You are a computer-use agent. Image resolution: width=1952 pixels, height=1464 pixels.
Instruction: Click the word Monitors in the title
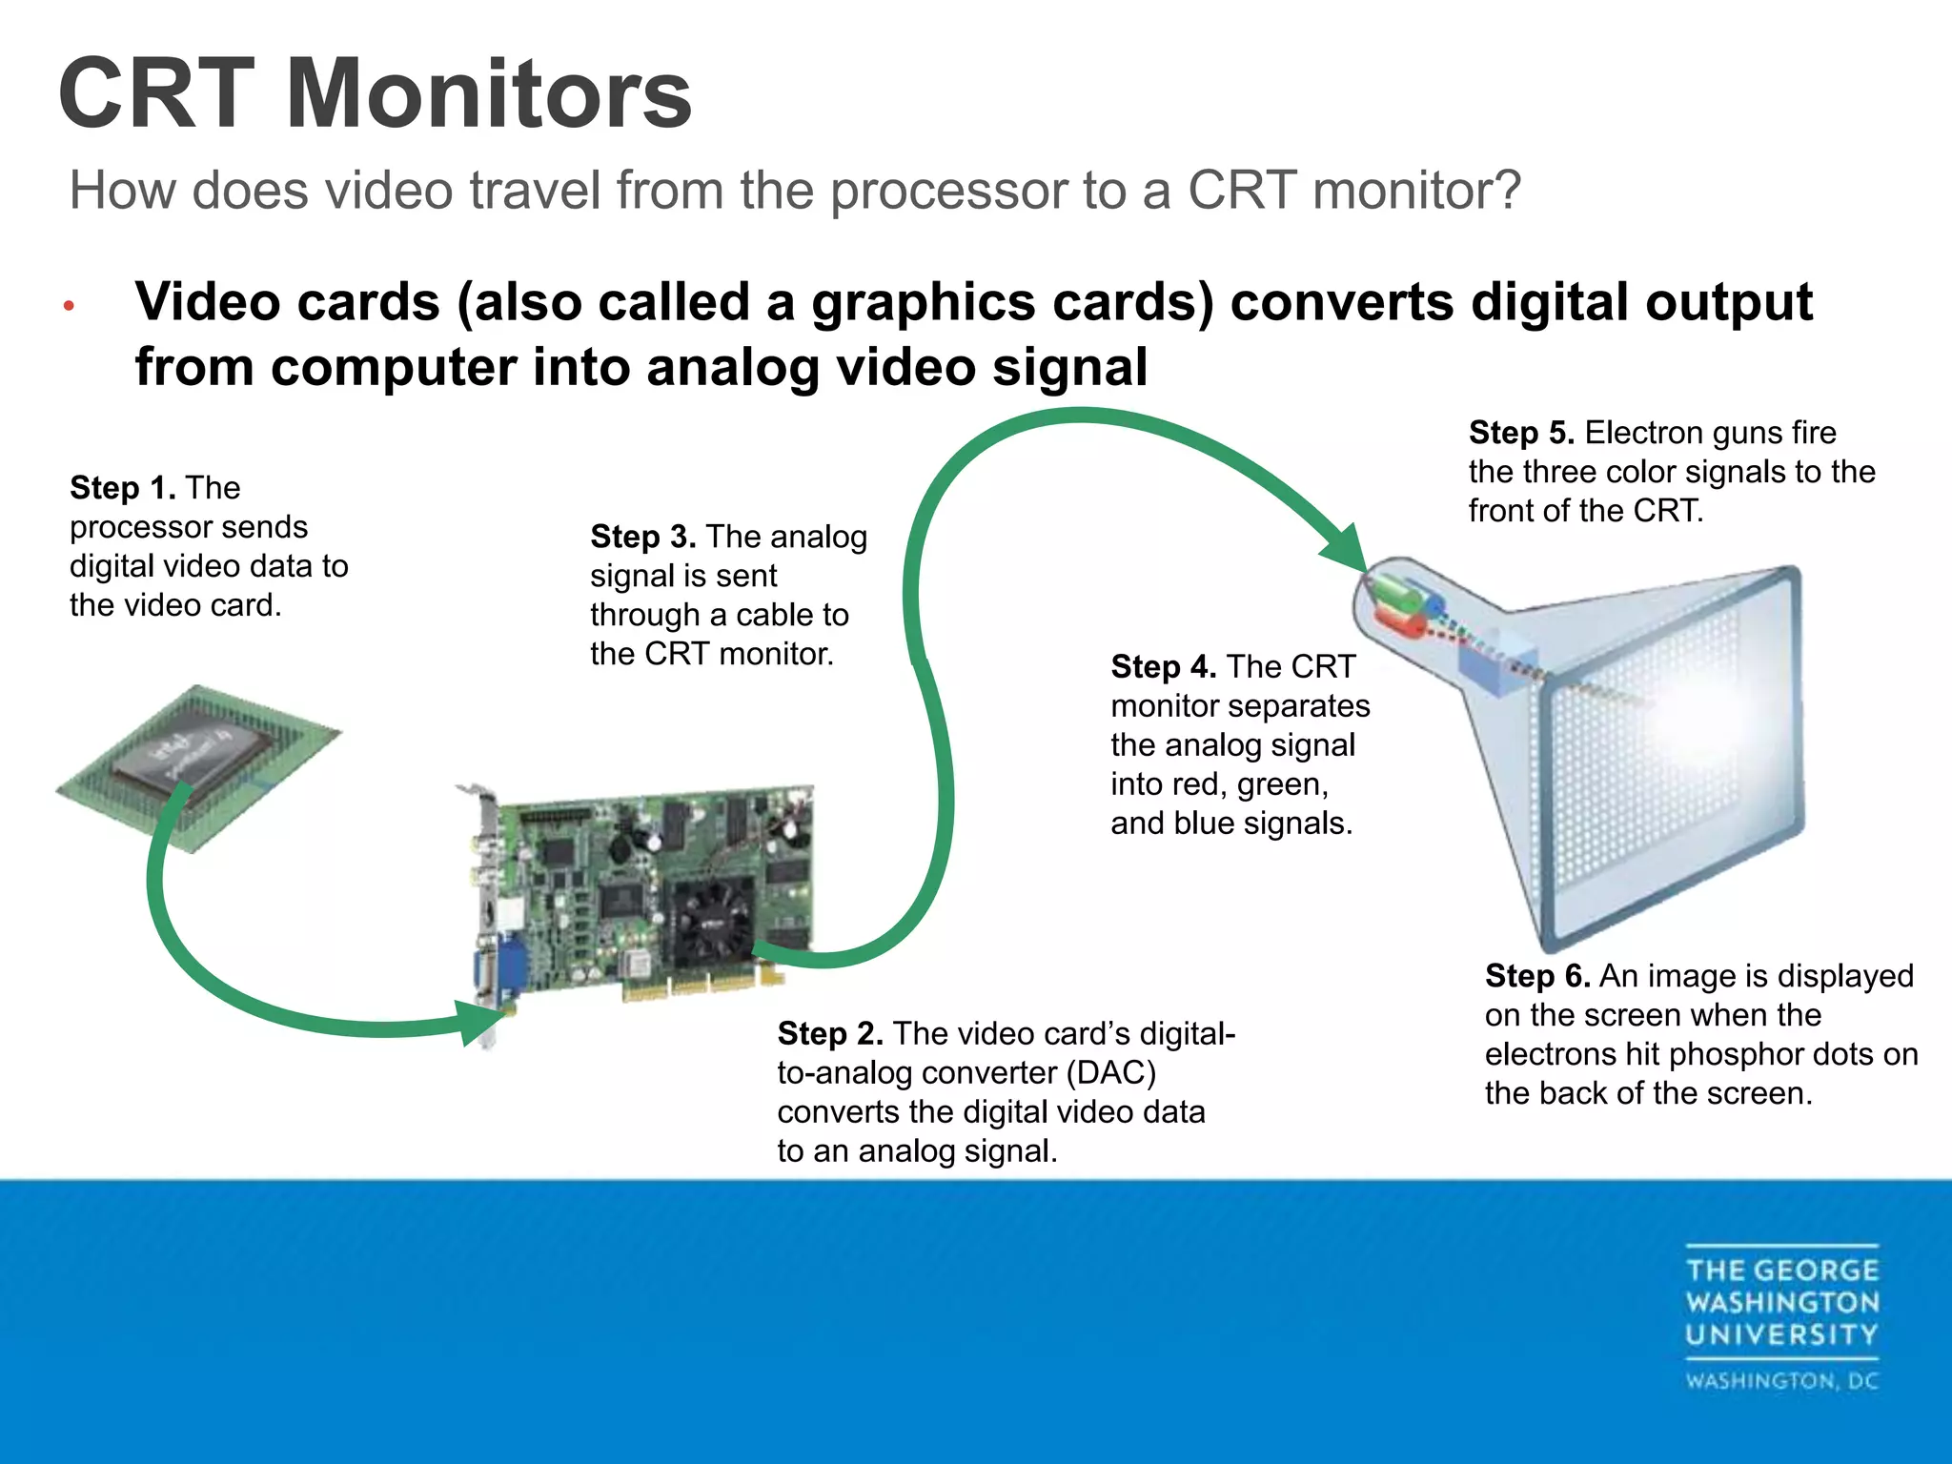coord(488,93)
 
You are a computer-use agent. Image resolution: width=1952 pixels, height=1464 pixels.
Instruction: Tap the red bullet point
coord(69,307)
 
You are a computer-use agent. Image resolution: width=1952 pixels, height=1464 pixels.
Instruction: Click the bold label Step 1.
coord(123,488)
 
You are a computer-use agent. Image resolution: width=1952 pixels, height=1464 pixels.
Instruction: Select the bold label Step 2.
coord(830,1033)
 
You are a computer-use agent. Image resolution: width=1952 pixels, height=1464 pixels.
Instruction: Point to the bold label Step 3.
coord(643,537)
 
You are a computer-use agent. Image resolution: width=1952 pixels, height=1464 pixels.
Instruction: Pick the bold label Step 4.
coord(1164,666)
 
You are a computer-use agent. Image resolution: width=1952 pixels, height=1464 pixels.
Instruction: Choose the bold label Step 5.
coord(1521,433)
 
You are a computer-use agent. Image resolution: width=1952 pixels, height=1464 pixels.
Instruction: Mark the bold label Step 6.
coord(1537,976)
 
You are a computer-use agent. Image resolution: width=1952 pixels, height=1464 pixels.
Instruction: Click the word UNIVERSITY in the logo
coord(1781,1334)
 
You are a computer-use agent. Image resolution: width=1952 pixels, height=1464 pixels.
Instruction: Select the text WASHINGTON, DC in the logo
coord(1781,1381)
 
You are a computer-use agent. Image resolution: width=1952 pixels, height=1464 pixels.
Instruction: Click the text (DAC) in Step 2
coord(1110,1073)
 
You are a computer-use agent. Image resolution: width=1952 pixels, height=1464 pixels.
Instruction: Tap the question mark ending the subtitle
coord(1506,190)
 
